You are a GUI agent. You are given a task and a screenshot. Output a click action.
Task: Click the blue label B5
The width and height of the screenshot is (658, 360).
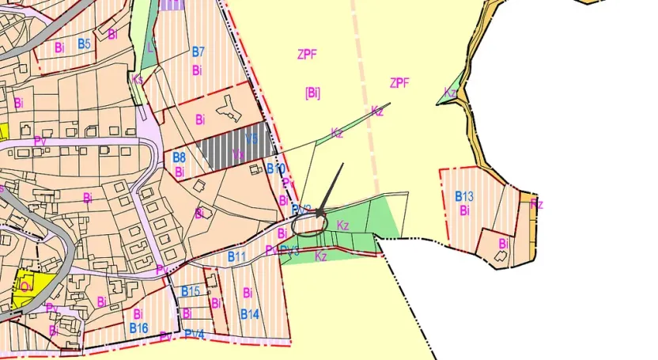click(84, 44)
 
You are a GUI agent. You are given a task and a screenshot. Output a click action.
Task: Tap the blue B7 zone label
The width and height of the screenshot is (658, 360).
click(199, 52)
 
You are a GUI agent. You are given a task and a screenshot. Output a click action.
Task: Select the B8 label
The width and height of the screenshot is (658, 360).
click(180, 157)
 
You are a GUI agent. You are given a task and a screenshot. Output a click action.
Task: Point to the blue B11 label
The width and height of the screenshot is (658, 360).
click(237, 256)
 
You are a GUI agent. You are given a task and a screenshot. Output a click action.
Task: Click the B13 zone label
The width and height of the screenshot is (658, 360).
click(464, 196)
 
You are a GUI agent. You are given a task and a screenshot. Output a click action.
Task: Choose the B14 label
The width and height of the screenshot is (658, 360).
click(250, 314)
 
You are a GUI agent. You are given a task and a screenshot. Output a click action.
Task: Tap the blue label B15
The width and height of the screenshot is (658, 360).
click(191, 291)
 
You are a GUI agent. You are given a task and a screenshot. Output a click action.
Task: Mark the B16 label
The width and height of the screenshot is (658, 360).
click(139, 328)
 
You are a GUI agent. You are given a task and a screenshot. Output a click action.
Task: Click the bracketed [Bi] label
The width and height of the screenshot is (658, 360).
click(312, 93)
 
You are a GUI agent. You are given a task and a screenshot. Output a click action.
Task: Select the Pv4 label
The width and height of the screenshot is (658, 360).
click(195, 335)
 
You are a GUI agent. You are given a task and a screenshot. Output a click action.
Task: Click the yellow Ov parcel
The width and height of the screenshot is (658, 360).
click(27, 286)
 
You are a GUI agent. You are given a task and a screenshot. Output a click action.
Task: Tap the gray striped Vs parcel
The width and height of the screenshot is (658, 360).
click(233, 146)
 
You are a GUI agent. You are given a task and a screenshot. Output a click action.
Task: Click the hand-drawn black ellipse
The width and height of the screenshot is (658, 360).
click(309, 225)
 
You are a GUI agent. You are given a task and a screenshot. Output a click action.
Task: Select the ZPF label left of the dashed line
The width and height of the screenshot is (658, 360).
click(308, 55)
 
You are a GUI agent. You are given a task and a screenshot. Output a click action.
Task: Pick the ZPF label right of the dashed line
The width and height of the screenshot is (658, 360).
click(399, 83)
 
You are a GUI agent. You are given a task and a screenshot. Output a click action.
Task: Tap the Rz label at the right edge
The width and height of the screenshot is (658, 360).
click(537, 204)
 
